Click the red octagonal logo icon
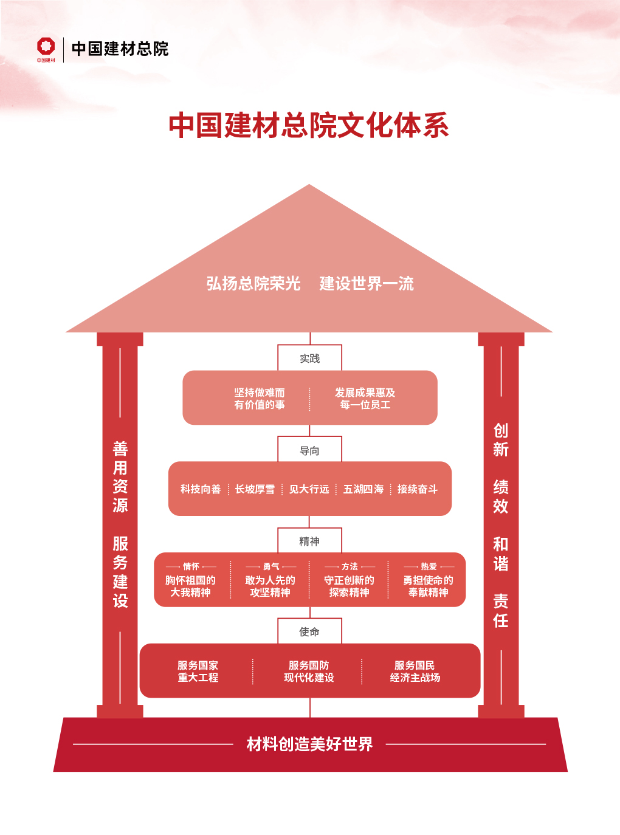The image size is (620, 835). [x=46, y=47]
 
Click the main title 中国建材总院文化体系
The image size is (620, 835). [x=309, y=125]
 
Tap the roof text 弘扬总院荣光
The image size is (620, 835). [x=253, y=283]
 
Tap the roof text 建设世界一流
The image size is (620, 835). [x=367, y=283]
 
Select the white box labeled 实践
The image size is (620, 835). [x=309, y=358]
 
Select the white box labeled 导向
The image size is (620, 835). [x=309, y=450]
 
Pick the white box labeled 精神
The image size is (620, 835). [x=309, y=541]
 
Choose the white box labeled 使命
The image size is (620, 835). [x=309, y=631]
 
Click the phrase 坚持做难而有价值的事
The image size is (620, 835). [x=260, y=399]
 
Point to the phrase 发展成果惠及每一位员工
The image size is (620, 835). [x=365, y=399]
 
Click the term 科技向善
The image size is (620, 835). [x=201, y=489]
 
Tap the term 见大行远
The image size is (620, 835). [x=309, y=489]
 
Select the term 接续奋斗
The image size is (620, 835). [x=418, y=489]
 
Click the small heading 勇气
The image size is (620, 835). [x=271, y=566]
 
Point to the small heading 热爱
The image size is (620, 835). [x=429, y=566]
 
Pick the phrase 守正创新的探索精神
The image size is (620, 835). [x=349, y=586]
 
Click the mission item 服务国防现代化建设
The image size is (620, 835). [x=309, y=672]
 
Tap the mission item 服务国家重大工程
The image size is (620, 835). [x=198, y=672]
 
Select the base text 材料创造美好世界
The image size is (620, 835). [x=309, y=744]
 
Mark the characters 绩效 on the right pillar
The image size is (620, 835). [x=501, y=497]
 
